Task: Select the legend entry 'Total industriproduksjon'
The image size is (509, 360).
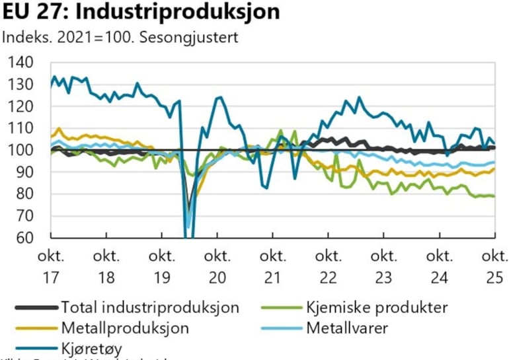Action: (x=149, y=306)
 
